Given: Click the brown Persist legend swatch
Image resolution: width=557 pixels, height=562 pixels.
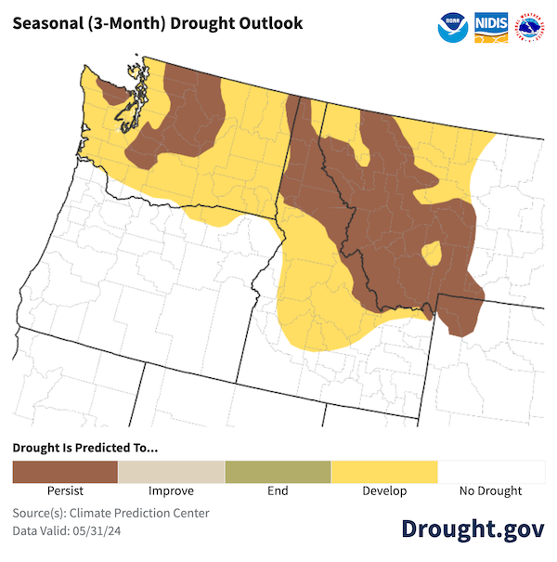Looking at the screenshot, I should point(65,472).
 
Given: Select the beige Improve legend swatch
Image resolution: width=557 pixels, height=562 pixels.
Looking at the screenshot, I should point(171,472).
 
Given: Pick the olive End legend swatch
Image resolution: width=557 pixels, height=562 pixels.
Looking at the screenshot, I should point(278,472).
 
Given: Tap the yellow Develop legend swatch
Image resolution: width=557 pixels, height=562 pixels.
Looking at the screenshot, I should point(384,472).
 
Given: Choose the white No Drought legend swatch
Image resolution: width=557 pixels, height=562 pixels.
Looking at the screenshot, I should point(491,472).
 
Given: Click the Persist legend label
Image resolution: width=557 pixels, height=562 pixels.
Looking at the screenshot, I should point(65,490).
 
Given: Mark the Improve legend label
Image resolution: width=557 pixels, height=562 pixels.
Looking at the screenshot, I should point(171,490).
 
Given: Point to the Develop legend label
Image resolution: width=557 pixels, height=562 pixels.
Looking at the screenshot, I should point(384,490).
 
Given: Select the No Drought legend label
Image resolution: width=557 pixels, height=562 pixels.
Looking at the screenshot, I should point(491,490).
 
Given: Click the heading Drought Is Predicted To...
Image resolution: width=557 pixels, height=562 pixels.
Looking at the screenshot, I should point(85,448).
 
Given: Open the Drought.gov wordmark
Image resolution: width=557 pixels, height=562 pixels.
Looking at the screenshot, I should point(473,528).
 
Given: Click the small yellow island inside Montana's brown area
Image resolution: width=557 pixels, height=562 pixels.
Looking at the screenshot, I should point(431,254).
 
